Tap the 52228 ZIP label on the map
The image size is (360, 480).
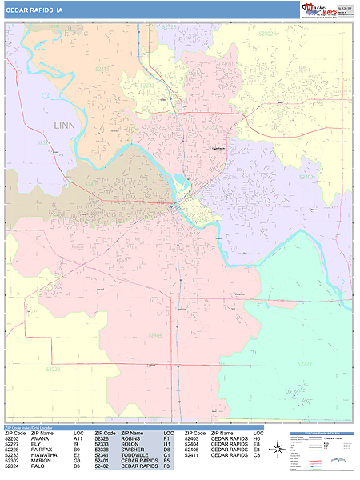(52, 369)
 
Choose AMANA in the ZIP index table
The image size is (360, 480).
(41, 438)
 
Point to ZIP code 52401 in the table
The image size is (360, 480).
(102, 461)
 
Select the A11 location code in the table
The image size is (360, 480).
(78, 438)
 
